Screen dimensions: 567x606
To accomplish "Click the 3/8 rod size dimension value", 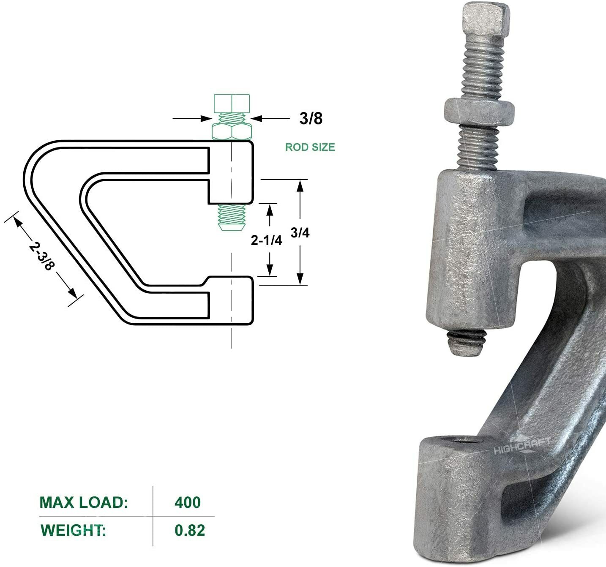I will tap(311, 119).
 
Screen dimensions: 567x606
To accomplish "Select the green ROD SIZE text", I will tap(310, 147).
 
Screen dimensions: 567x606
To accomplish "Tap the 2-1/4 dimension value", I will tap(266, 240).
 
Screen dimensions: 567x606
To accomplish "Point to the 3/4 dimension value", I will tap(300, 232).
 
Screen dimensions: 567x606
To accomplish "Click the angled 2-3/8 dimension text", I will tap(42, 256).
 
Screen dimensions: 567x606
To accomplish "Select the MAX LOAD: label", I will tap(84, 502).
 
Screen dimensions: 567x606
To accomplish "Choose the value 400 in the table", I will tap(188, 502).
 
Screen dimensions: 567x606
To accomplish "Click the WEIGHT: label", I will tap(73, 530).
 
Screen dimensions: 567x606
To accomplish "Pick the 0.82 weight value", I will tap(190, 530).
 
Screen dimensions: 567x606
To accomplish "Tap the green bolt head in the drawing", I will tap(232, 104).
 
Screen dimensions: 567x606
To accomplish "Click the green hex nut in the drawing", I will tap(232, 132).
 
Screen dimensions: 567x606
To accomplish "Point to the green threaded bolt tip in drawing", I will tap(231, 217).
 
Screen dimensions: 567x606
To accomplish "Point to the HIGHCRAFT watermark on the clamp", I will tap(522, 446).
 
